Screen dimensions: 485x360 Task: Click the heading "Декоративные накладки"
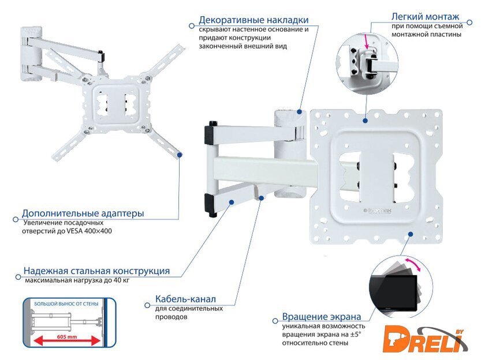[x=253, y=20]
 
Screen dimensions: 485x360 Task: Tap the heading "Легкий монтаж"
[x=425, y=16]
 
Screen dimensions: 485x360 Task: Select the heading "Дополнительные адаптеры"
[x=83, y=213]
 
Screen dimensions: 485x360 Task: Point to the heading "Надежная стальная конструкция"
[x=97, y=271]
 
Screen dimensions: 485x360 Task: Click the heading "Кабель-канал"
[x=185, y=299]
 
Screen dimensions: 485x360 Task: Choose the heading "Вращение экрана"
[x=322, y=317]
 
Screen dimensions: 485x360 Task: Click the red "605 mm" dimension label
[x=67, y=337]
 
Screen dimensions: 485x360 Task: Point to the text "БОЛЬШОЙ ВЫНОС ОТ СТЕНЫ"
[x=66, y=304]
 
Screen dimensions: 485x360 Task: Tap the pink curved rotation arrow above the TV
[x=413, y=264]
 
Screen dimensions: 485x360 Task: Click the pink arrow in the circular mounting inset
[x=366, y=42]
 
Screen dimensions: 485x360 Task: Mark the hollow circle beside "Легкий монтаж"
[x=469, y=22]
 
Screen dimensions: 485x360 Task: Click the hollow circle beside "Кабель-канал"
[x=148, y=305]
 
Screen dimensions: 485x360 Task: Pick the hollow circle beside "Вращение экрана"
[x=275, y=321]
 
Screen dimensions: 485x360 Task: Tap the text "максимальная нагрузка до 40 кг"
[x=77, y=280]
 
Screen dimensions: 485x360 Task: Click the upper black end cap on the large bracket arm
[x=210, y=133]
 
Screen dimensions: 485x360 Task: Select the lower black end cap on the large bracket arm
[x=210, y=205]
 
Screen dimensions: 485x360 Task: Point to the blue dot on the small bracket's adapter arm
[x=180, y=155]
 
